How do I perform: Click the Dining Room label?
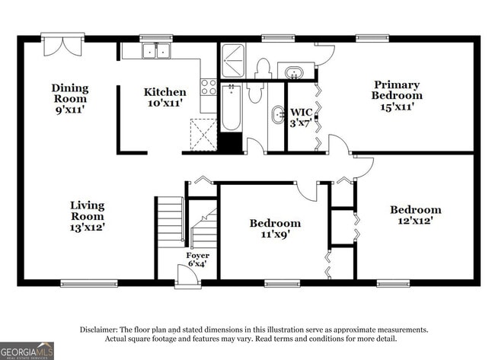coord(69,98)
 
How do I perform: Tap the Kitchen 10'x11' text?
coord(164,97)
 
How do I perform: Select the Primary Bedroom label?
coord(397,96)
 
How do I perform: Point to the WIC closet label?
coord(300,117)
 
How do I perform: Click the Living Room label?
coord(88,216)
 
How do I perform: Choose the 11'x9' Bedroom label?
coord(275,228)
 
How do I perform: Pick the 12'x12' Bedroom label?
coord(415,215)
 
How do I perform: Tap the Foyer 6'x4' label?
coord(198,260)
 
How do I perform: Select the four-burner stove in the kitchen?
coord(208,88)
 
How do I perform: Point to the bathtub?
coord(231,107)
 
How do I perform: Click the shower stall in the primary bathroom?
coord(233,61)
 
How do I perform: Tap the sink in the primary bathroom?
coord(292,72)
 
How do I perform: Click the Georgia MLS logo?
coord(27,350)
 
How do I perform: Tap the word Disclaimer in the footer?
coord(100,330)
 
